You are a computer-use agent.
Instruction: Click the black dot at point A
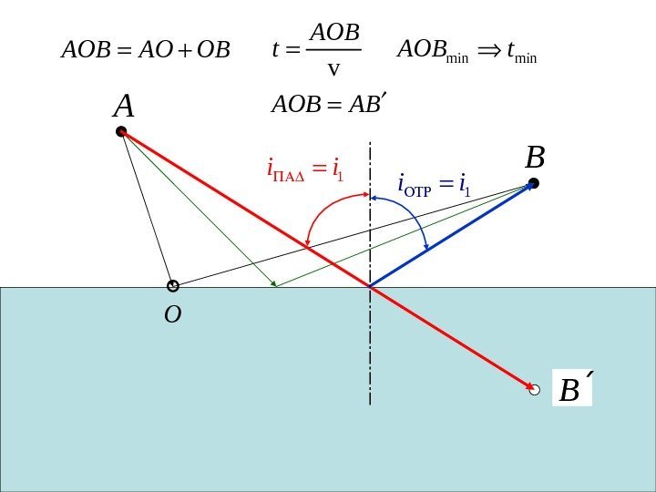121,131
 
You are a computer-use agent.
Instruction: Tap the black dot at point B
534,183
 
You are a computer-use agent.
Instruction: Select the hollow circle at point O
173,286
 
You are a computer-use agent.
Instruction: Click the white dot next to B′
535,390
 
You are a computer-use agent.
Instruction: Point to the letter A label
123,108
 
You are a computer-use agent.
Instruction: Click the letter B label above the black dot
535,159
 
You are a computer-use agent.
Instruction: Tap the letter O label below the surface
172,315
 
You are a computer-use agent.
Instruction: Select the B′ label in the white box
572,390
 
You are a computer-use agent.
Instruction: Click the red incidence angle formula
304,169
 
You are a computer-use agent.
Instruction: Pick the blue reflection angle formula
434,186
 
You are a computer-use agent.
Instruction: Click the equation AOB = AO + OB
146,49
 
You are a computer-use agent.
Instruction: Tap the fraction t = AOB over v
318,49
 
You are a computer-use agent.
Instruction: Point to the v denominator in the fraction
333,68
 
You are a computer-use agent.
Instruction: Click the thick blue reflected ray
451,236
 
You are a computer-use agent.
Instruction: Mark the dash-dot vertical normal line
370,346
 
